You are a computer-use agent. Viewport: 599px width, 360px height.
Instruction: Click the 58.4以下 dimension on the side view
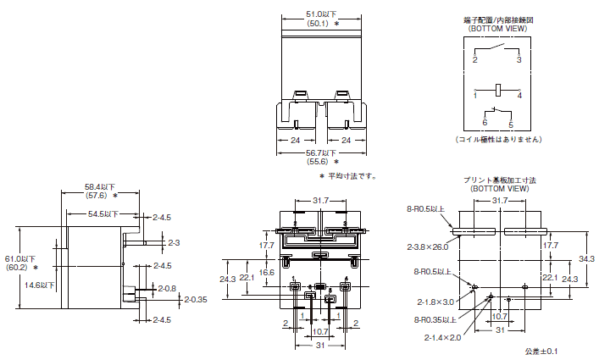[100, 186]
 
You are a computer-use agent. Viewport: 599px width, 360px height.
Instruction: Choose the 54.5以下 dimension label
[103, 214]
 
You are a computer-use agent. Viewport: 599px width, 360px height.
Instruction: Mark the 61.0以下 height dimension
[18, 258]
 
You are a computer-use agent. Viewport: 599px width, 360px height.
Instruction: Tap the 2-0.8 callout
[167, 288]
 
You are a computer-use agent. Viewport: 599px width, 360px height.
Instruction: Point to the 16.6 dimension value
[267, 273]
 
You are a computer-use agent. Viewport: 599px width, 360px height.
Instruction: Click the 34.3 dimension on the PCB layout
[586, 258]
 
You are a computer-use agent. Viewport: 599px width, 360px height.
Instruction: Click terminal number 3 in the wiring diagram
[519, 60]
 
